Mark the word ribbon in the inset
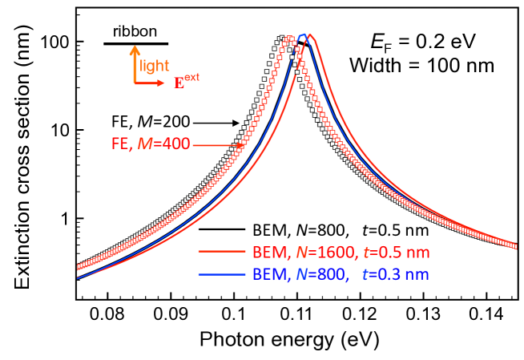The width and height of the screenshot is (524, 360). [x=135, y=30]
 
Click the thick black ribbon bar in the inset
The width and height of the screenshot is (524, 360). [x=136, y=43]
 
